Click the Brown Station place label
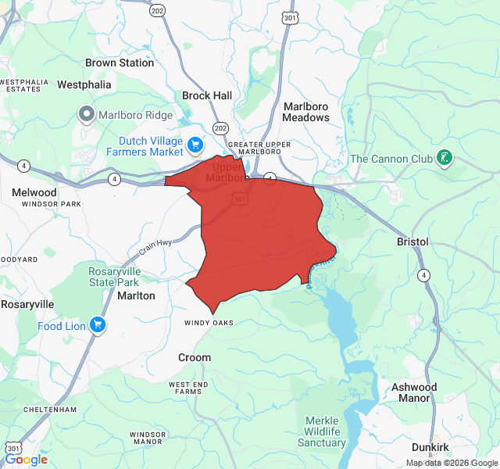point(120,63)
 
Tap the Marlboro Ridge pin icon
point(87,115)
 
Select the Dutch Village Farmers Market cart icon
point(196,145)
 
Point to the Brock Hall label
point(207,95)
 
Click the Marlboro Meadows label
point(306,111)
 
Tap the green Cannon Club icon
point(445,159)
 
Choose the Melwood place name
point(34,192)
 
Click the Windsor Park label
point(52,204)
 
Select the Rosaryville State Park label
point(113,277)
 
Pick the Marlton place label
point(136,296)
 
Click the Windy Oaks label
point(209,323)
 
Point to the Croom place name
point(195,357)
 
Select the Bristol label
point(412,242)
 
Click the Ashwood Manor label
point(414,392)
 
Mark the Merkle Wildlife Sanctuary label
point(321,431)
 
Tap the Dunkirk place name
point(430,446)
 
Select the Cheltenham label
point(50,409)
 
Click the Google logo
point(26,460)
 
